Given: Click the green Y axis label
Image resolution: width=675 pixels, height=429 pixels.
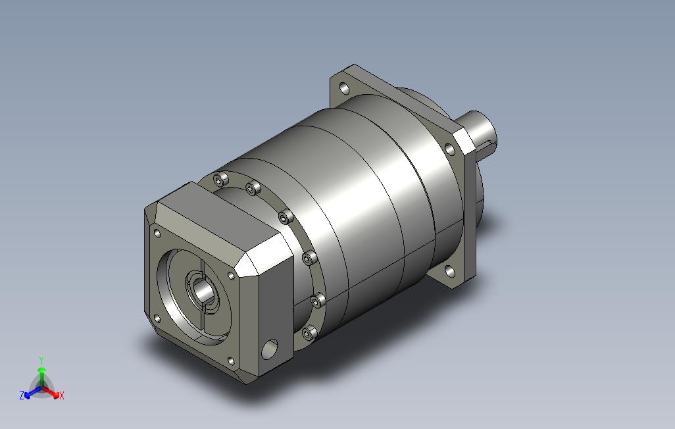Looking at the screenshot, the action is coord(41,361).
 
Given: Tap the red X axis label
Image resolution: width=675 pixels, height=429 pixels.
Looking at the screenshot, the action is coord(62,395).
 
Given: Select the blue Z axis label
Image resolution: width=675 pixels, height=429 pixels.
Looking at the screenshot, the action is coord(22,395).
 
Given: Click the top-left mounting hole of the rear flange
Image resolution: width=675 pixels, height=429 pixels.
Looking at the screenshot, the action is coord(344,89).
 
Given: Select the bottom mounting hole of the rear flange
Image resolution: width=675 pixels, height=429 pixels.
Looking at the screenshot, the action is coord(450,272).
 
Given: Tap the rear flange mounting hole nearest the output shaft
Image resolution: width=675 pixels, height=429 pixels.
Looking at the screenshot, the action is coord(449,149).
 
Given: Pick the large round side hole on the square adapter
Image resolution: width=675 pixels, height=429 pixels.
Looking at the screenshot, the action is coord(270,349).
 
